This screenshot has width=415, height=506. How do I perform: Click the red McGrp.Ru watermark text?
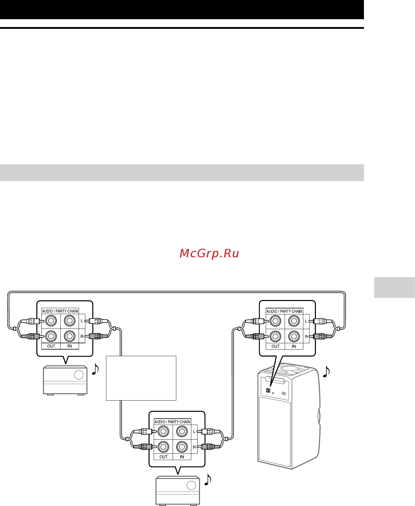coord(209,253)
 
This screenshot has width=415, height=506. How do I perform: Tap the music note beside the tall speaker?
coord(326,371)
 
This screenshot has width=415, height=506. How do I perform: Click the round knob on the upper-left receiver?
coord(79,375)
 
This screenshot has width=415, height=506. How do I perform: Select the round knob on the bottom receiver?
coord(191,485)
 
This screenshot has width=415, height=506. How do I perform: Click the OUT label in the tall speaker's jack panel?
coord(276,346)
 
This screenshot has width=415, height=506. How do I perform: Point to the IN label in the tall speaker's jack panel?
coord(294,346)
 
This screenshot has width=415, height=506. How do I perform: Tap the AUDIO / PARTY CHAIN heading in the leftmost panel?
coord(60,311)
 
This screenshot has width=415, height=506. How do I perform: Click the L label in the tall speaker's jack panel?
coord(306,321)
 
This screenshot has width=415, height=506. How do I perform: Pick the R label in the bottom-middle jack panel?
coord(194,447)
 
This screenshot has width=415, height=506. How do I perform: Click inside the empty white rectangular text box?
coord(141,378)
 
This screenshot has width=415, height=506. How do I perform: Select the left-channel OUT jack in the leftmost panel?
coord(51,321)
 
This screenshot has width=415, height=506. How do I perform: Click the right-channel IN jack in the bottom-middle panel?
coord(182,447)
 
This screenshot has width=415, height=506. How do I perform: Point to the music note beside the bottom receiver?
coord(208,479)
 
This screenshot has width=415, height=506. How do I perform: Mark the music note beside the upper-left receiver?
coord(95,369)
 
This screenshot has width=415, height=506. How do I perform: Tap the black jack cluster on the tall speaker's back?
coord(268,390)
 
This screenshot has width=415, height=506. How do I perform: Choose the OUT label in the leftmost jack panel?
coord(51,346)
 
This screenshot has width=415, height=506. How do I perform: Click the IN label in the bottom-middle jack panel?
coord(182,457)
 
